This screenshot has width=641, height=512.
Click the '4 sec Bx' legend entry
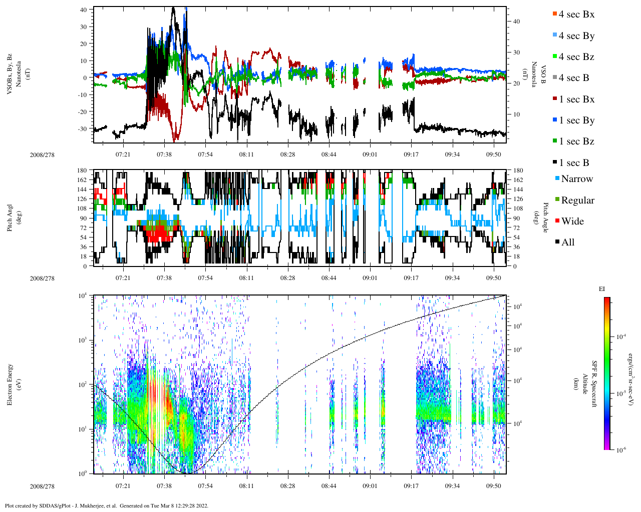[576, 14]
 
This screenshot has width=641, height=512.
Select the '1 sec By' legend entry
[576, 120]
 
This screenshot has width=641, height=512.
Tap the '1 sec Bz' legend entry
[576, 141]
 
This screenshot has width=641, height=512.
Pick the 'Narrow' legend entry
[576, 179]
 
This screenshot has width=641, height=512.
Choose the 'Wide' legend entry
[572, 221]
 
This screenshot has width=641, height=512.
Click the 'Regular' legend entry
[577, 200]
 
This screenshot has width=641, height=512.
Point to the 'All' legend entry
[567, 242]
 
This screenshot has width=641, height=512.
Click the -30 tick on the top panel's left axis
[83, 128]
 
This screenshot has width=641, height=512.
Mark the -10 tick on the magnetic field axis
[83, 94]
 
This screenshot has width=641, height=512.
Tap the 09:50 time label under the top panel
[493, 154]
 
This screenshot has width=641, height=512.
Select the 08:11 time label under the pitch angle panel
[246, 278]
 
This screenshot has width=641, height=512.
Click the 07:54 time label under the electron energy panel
[205, 485]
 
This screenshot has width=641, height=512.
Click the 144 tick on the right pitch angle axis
[518, 189]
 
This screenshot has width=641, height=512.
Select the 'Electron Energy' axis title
[10, 384]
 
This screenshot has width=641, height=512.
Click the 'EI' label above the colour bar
[602, 289]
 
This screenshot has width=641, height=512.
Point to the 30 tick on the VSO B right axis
[516, 52]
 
